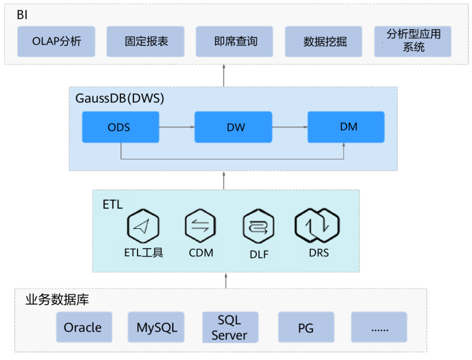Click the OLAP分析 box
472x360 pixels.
pos(57,41)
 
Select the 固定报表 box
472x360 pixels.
pos(145,41)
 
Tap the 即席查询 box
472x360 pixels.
pos(235,41)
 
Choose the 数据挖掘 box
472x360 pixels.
pos(324,41)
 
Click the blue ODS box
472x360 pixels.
pos(120,127)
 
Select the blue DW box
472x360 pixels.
pos(233,127)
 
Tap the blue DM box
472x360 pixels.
pos(346,127)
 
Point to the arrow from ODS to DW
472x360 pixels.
pos(176,127)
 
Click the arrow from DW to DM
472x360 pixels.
pos(289,127)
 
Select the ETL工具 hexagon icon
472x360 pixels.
pos(143,226)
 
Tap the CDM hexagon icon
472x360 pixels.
pos(201,226)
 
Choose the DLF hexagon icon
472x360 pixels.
pos(258,227)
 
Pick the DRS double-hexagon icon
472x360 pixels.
pos(318,226)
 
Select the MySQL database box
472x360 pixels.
pos(157,327)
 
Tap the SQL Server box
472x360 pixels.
pos(230,327)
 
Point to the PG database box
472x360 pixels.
pos(306,327)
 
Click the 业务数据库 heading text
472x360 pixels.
pos(57,300)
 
